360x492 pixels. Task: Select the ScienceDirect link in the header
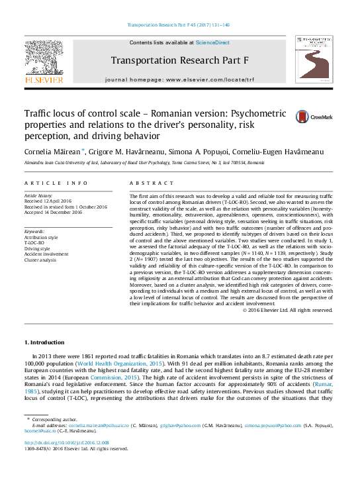212,42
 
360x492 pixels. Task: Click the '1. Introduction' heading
44,342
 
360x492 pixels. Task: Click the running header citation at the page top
179,25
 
